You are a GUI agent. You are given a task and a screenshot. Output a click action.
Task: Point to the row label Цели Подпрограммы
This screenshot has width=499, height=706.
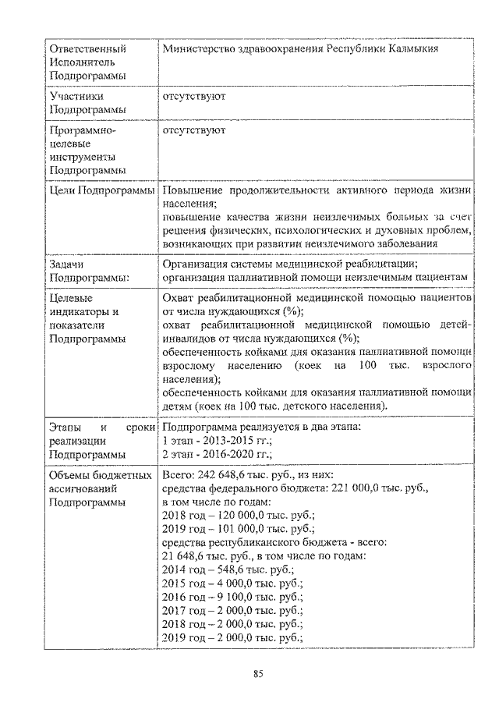pos(101,191)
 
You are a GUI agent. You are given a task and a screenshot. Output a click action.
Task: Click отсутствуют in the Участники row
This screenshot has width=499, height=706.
pos(194,98)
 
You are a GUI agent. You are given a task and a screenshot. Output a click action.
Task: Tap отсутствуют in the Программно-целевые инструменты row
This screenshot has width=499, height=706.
pos(194,130)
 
